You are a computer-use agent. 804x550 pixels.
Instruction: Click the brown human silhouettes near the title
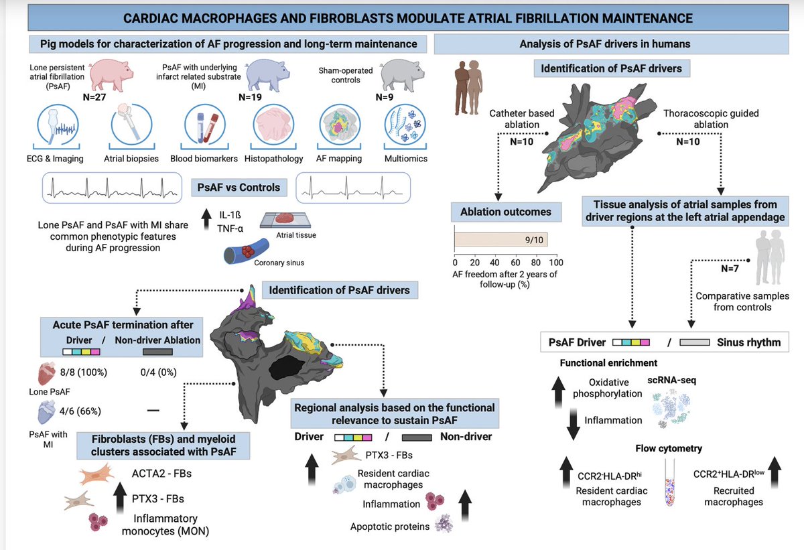coord(468,78)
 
